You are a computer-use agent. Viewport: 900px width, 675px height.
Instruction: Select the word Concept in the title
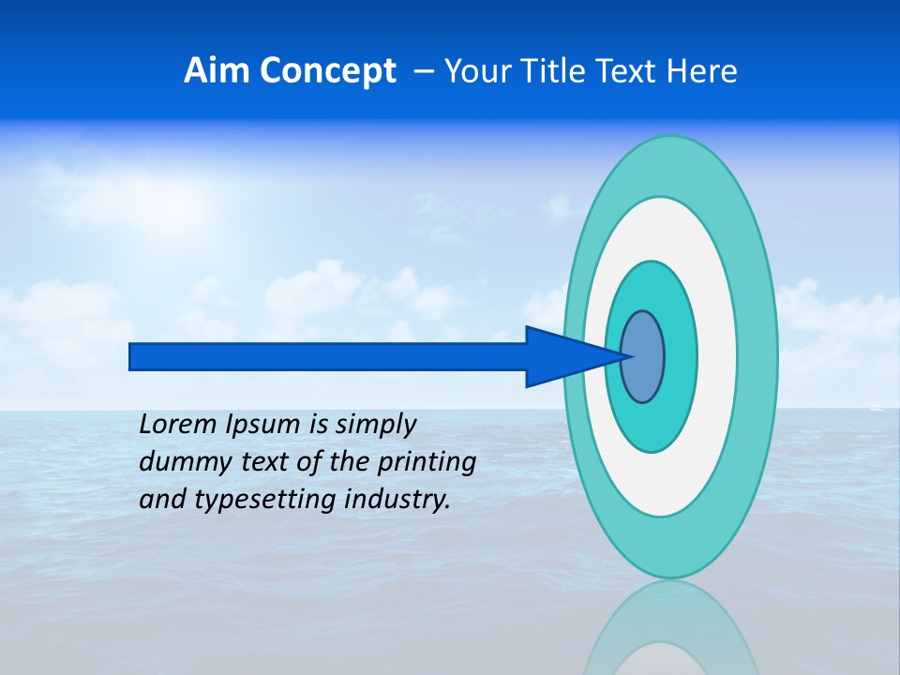pyautogui.click(x=329, y=71)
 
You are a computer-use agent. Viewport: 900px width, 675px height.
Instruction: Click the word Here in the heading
pyautogui.click(x=702, y=71)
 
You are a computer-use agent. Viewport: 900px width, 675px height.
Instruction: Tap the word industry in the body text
pyautogui.click(x=397, y=500)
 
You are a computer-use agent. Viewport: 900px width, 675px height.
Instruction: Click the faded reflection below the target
pyautogui.click(x=669, y=628)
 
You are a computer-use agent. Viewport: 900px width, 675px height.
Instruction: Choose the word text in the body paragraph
pyautogui.click(x=263, y=461)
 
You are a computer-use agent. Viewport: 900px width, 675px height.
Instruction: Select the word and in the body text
pyautogui.click(x=162, y=499)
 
